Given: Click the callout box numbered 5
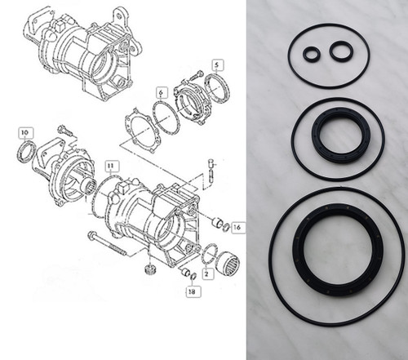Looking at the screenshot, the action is click(x=218, y=65).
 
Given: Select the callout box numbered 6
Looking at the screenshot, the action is click(x=162, y=93).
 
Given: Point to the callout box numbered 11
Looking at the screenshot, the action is click(x=111, y=167).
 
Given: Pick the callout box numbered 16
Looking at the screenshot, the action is click(x=238, y=227).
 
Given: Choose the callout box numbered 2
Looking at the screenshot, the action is click(x=208, y=273).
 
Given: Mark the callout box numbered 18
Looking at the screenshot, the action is click(x=193, y=291).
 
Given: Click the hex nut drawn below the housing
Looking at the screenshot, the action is click(x=150, y=269).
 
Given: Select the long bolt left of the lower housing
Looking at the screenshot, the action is click(x=108, y=244).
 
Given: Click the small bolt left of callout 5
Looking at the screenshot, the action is click(x=195, y=75).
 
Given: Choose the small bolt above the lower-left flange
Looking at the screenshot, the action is click(x=65, y=131).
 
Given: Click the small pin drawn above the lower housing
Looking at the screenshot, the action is click(x=211, y=169).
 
